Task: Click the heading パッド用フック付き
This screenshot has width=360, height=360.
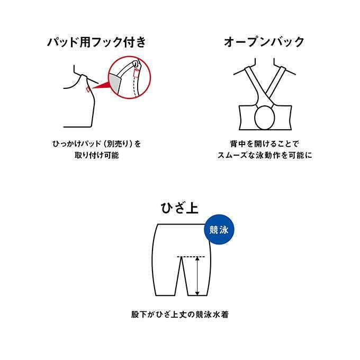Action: click(96, 42)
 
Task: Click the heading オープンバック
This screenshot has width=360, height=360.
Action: click(264, 42)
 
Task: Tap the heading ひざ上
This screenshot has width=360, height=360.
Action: click(179, 208)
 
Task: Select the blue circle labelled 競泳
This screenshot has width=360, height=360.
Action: click(219, 229)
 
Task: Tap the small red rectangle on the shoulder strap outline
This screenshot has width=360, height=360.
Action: click(88, 89)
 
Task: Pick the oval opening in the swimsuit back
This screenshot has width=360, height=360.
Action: click(265, 118)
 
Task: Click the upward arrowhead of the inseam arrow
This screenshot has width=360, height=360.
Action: click(197, 259)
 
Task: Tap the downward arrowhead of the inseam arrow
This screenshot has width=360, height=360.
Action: click(197, 293)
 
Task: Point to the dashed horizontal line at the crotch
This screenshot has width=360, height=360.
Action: click(191, 256)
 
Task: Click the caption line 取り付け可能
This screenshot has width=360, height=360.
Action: click(97, 156)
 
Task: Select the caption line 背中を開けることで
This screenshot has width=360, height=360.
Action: click(265, 144)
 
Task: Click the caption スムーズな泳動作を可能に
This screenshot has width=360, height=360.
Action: click(265, 156)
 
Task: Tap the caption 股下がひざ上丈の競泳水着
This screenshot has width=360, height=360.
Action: click(180, 314)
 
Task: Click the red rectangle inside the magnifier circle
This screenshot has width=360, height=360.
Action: click(137, 73)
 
